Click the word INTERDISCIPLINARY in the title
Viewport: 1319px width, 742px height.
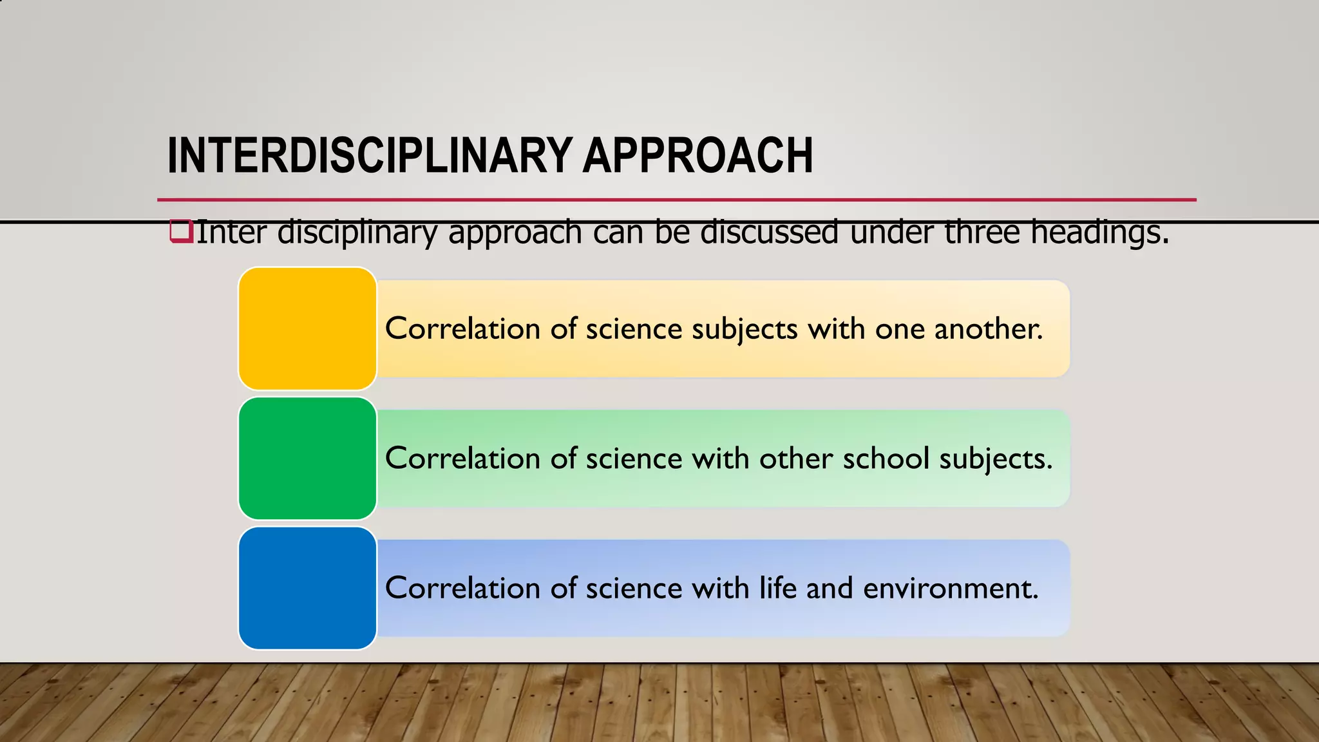point(370,156)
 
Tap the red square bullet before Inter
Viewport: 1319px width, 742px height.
point(181,231)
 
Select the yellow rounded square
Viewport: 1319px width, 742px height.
point(307,328)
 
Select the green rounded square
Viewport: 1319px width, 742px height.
point(307,458)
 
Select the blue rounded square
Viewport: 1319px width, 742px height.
point(307,588)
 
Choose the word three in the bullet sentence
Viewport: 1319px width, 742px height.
point(982,232)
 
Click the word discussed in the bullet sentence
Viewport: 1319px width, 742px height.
point(769,232)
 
